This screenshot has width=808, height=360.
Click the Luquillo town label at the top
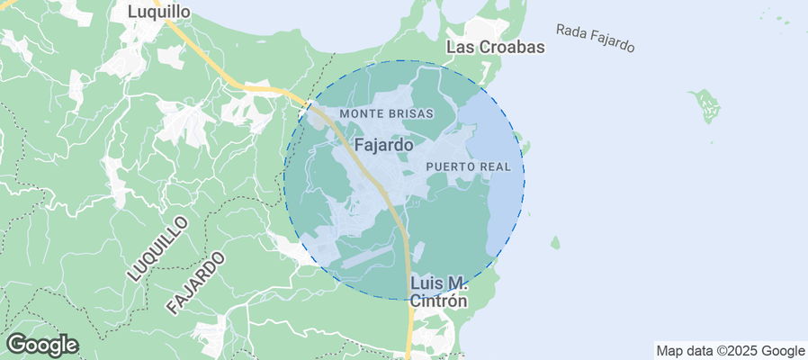(x=158, y=12)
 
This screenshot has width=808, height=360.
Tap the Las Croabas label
(x=496, y=48)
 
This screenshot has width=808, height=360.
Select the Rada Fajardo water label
(x=596, y=37)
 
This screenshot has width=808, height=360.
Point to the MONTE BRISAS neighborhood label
(x=387, y=114)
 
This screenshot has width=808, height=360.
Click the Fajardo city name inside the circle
(x=384, y=144)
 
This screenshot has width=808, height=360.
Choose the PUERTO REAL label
(x=468, y=167)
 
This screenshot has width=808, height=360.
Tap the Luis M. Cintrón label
(x=438, y=292)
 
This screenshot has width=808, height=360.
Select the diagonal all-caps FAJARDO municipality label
(x=194, y=283)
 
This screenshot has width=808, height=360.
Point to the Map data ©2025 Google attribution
(x=730, y=351)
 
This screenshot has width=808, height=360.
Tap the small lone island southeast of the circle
(x=555, y=242)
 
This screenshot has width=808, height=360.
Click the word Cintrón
(x=438, y=301)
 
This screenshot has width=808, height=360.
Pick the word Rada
(x=570, y=31)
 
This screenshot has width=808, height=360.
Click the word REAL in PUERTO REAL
(x=496, y=167)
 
